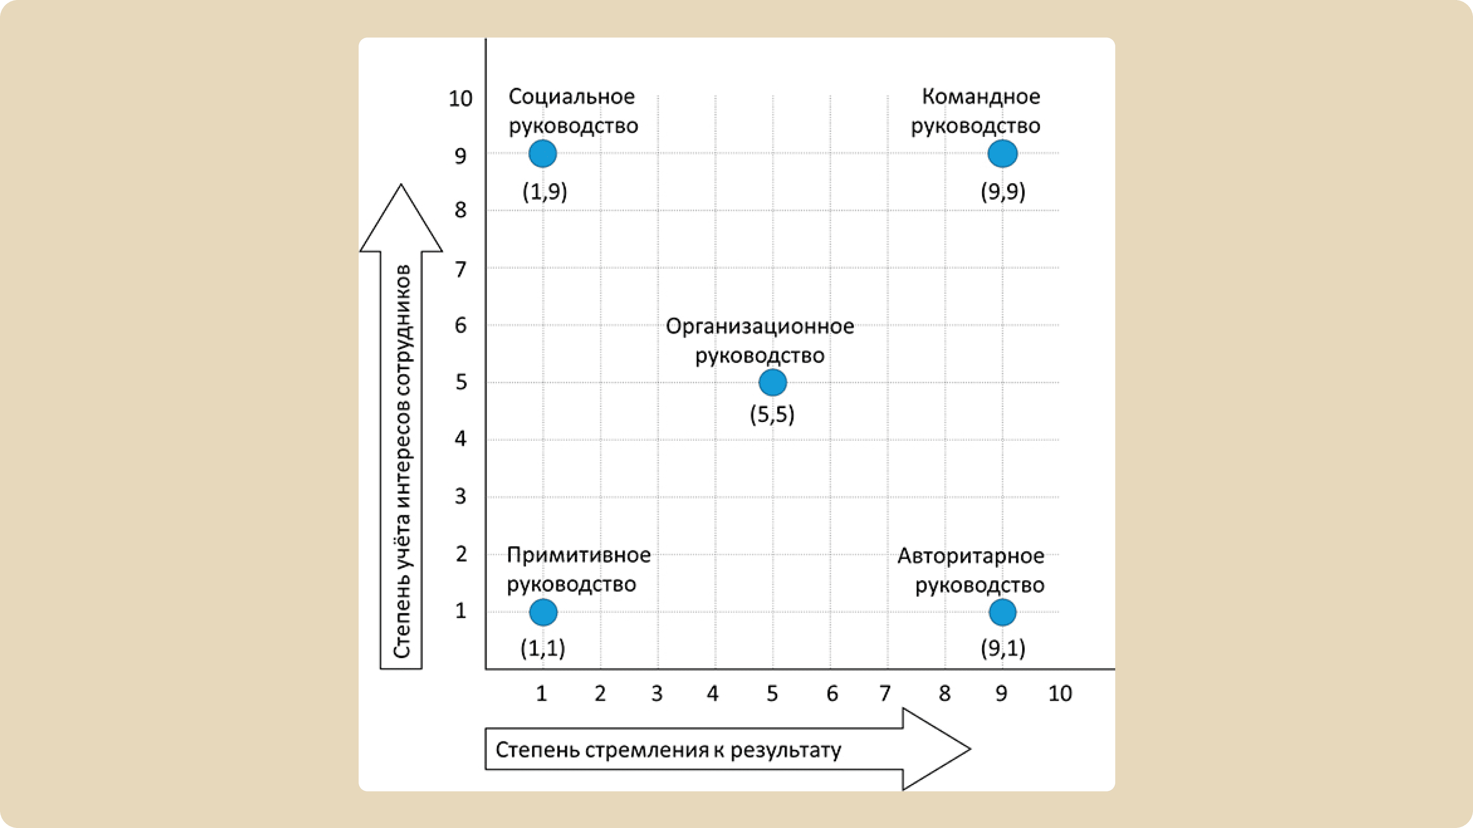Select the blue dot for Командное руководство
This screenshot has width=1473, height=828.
1003,153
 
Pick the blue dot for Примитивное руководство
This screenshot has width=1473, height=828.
543,613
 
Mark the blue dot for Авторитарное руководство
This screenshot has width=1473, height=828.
1003,613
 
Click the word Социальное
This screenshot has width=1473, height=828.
572,97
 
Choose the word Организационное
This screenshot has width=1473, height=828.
760,326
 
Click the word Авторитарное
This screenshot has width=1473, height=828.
971,556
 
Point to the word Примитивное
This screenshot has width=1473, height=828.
579,555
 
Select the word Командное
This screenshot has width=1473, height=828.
981,97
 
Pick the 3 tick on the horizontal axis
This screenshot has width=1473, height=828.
657,693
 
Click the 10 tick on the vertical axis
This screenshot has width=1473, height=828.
460,99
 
